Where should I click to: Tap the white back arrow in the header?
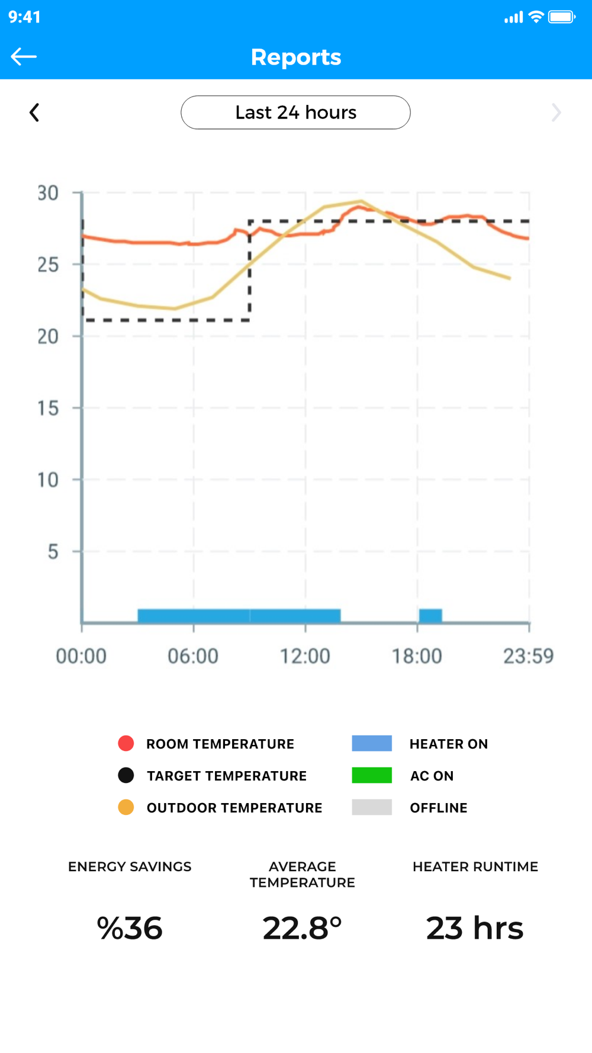[x=24, y=57]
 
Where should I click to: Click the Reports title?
[x=296, y=57]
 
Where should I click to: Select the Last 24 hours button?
[x=295, y=113]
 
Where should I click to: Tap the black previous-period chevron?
[x=34, y=113]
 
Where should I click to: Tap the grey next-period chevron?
[x=556, y=113]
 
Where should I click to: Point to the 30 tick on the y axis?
[x=48, y=193]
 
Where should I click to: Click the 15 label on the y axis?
[x=48, y=408]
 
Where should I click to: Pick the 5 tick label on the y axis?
[x=53, y=552]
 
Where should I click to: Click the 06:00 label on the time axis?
[x=193, y=656]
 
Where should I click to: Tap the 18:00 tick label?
[x=417, y=656]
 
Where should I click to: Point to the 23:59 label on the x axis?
[x=528, y=656]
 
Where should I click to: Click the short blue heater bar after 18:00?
[x=430, y=616]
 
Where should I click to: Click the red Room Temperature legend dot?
[x=126, y=743]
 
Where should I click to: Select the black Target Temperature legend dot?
[x=126, y=775]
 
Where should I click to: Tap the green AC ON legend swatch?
[x=372, y=775]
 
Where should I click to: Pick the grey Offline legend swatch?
[x=372, y=807]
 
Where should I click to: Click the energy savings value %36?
[x=130, y=928]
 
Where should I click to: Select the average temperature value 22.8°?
[x=302, y=928]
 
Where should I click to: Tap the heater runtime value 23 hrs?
[x=475, y=928]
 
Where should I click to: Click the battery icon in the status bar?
[x=561, y=17]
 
